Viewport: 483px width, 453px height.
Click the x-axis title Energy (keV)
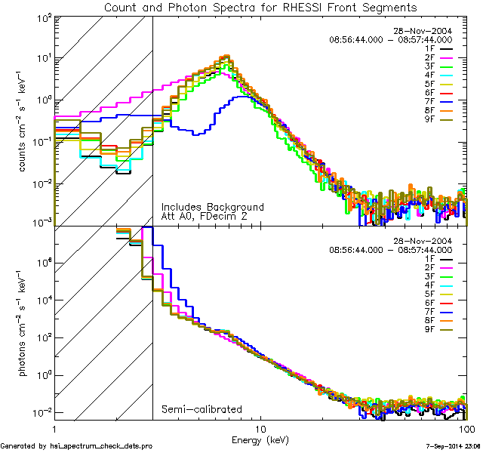click(x=260, y=439)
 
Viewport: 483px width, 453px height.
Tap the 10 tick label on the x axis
click(x=261, y=428)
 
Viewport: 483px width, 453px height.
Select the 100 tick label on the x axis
click(x=466, y=428)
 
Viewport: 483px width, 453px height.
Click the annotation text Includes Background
click(x=212, y=206)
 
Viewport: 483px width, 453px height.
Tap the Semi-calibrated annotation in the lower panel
click(x=202, y=409)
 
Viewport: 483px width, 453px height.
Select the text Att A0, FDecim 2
click(x=204, y=217)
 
